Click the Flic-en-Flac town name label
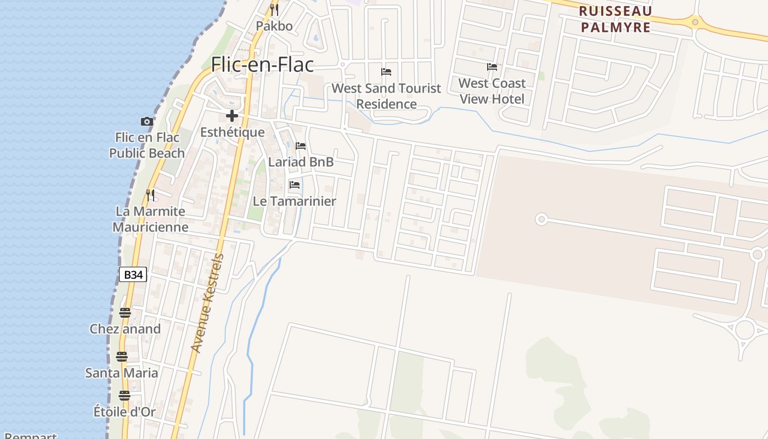262,65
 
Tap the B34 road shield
133,274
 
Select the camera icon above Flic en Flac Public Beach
146,121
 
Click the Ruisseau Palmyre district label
615,19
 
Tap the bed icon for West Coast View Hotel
492,67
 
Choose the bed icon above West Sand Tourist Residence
386,71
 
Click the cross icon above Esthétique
232,116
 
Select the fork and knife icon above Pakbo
274,9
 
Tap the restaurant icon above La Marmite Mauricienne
150,195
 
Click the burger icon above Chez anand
125,313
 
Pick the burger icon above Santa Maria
122,357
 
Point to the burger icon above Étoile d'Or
125,396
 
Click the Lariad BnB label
301,162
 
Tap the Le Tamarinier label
294,201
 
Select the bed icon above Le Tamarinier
295,185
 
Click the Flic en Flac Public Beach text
146,145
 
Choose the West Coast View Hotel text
492,91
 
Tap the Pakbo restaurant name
274,26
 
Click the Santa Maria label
122,373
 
